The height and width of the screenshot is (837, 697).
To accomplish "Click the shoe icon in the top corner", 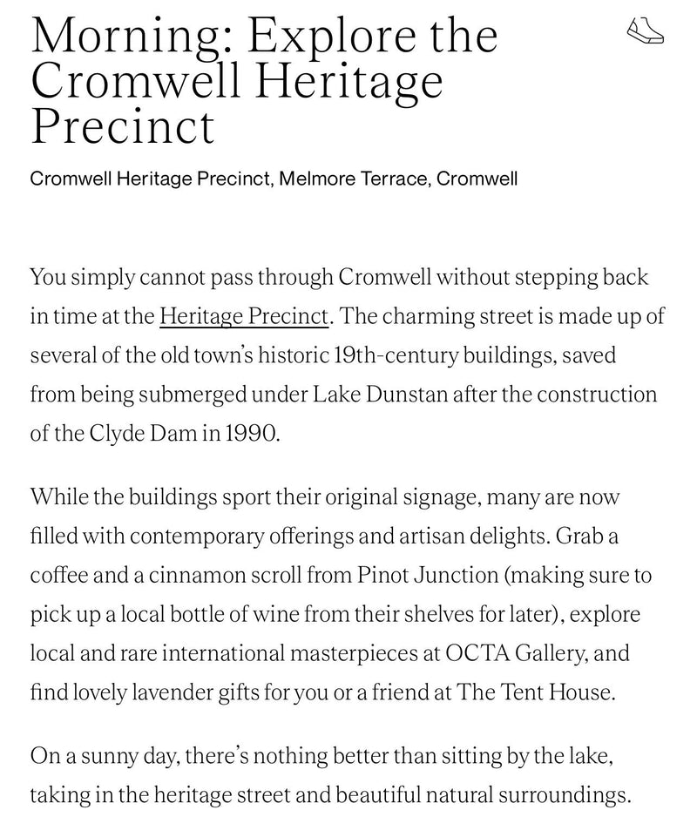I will pos(646,30).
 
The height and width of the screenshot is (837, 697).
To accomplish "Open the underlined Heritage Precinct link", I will pos(243,316).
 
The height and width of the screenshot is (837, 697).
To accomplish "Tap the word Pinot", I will pos(382,575).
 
